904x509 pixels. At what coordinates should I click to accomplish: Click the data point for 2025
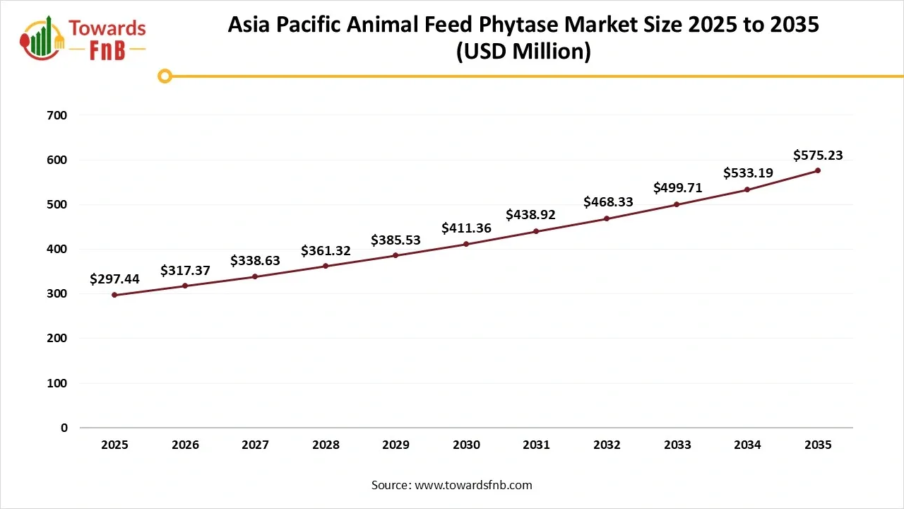(x=114, y=295)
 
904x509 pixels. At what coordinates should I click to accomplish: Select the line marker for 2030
(x=466, y=244)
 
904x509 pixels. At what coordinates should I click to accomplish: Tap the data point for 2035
(x=818, y=170)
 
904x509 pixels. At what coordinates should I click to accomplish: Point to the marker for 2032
(x=607, y=218)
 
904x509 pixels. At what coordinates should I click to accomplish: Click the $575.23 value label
(x=818, y=156)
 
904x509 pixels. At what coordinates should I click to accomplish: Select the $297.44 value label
(x=114, y=279)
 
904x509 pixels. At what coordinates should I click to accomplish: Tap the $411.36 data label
(x=466, y=228)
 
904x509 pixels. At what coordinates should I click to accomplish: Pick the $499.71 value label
(x=677, y=188)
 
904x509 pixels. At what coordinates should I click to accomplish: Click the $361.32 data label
(x=326, y=251)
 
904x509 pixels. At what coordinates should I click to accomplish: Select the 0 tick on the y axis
(x=64, y=428)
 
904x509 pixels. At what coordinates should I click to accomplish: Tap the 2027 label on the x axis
(x=255, y=445)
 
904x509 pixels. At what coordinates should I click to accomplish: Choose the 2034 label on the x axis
(x=747, y=445)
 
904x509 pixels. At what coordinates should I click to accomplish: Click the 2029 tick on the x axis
(x=395, y=445)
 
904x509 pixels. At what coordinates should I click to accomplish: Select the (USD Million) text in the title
(x=523, y=52)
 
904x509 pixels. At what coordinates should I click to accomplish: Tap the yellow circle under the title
(x=165, y=76)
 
